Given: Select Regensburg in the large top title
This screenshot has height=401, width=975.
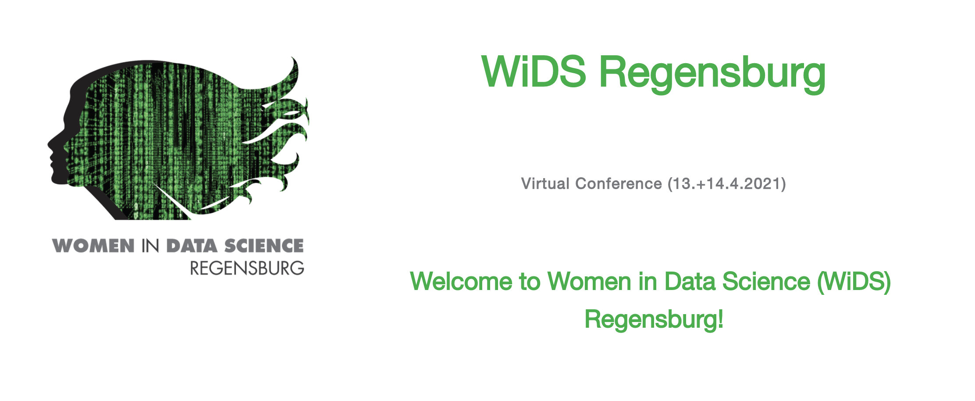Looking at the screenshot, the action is [x=712, y=75].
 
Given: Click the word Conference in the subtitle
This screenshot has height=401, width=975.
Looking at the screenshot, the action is [x=619, y=183].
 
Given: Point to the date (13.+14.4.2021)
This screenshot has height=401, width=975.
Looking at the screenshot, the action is [x=727, y=184].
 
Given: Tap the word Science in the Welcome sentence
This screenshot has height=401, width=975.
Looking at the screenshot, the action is [x=766, y=281].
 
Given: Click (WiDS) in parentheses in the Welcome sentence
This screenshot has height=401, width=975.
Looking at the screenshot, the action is [x=854, y=282].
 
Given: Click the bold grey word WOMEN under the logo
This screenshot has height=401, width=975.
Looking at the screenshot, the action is [x=93, y=246].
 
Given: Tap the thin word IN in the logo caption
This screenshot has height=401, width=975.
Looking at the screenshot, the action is [x=150, y=246].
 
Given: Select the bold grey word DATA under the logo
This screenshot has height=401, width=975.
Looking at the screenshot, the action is [x=192, y=246].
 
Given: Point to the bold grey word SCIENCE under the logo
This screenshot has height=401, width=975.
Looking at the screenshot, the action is [x=264, y=246].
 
